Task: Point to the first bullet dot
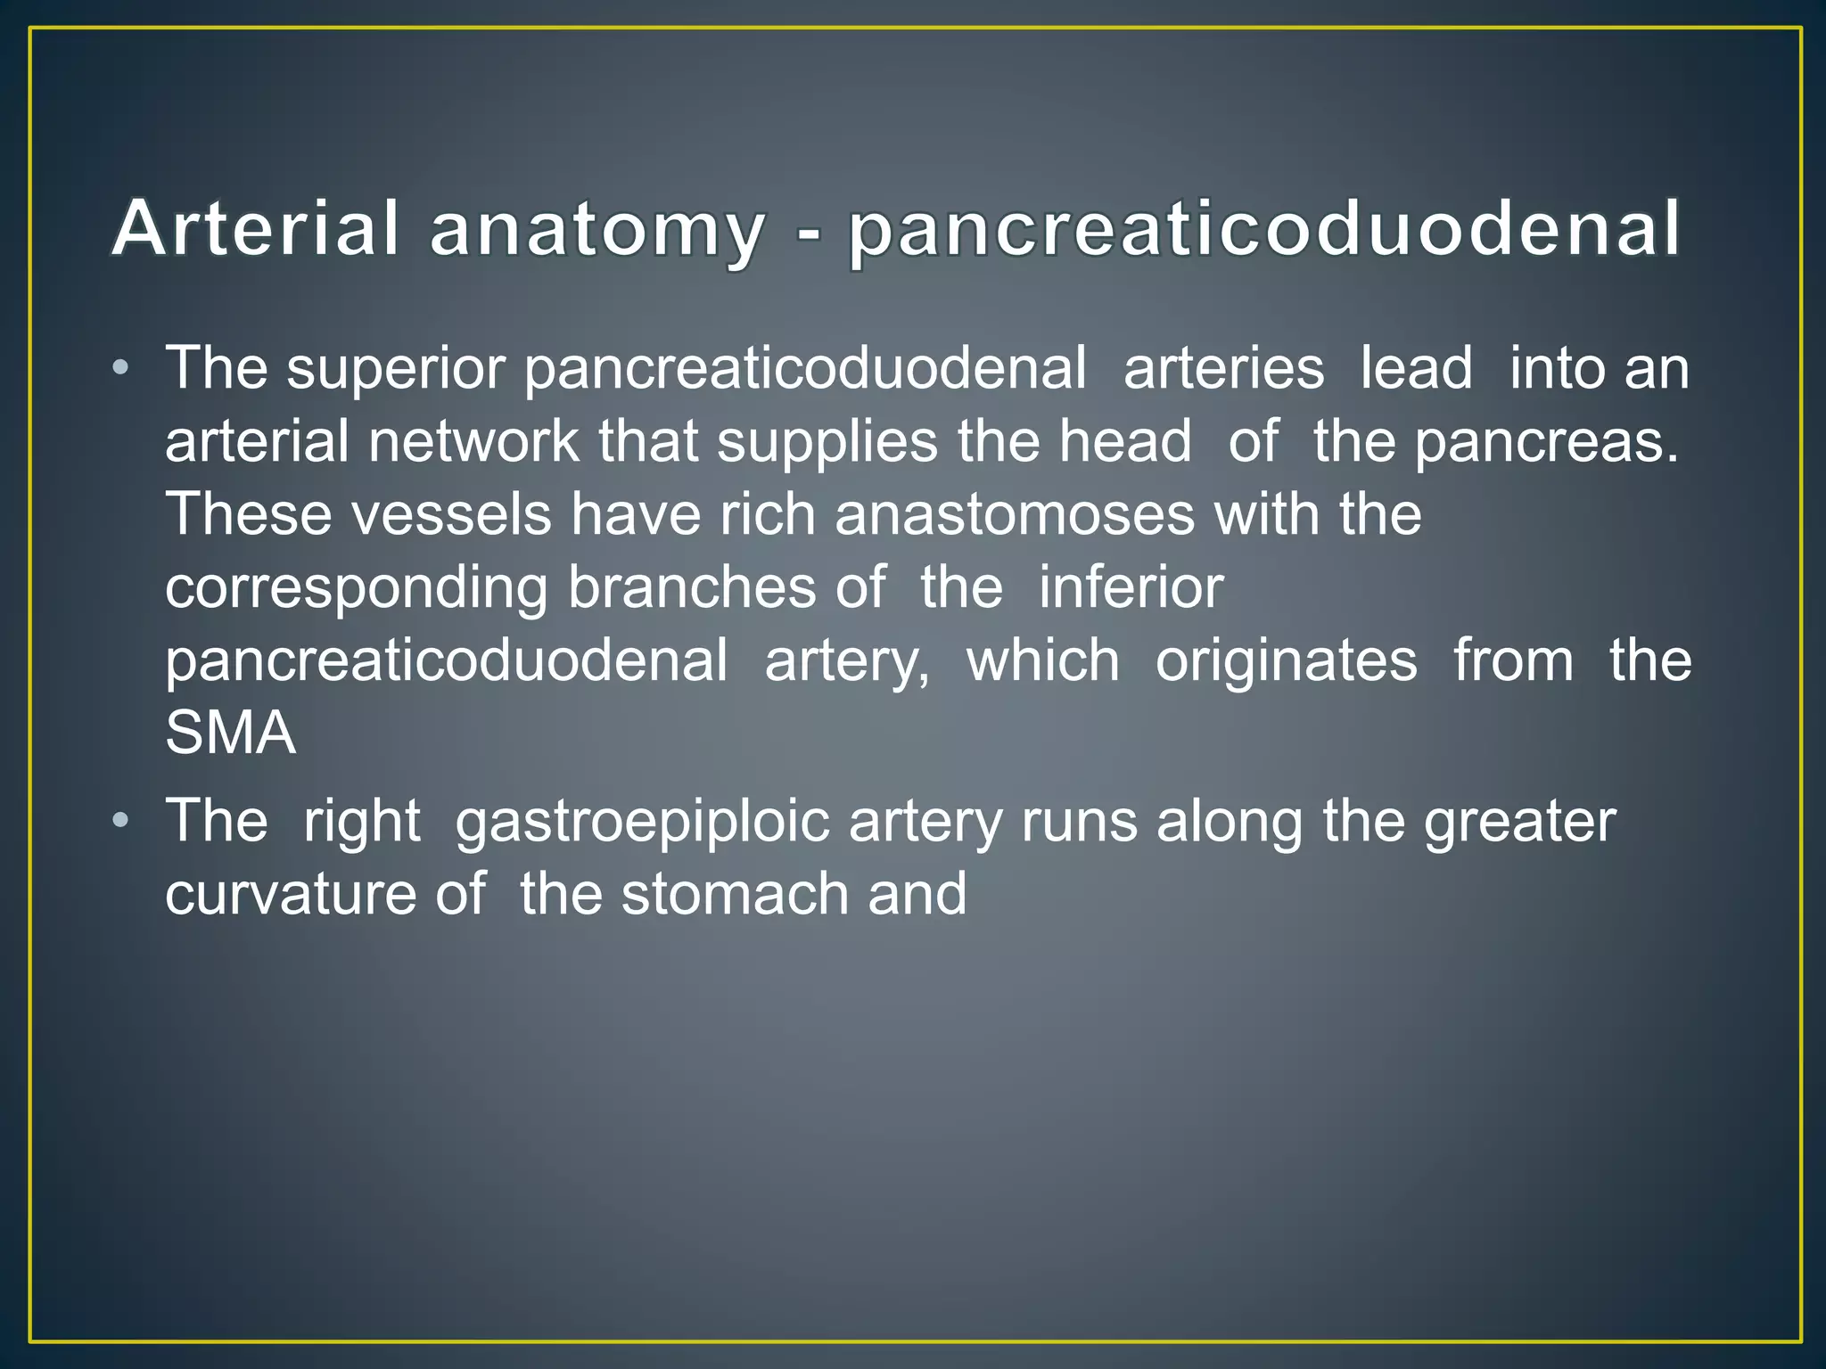pyautogui.click(x=121, y=369)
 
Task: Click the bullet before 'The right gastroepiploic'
pyautogui.click(x=121, y=820)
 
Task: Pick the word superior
pyautogui.click(x=396, y=369)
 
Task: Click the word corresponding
pyautogui.click(x=356, y=589)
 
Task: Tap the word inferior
pyautogui.click(x=1131, y=587)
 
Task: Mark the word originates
pyautogui.click(x=1286, y=661)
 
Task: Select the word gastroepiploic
pyautogui.click(x=643, y=822)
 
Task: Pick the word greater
pyautogui.click(x=1518, y=822)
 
